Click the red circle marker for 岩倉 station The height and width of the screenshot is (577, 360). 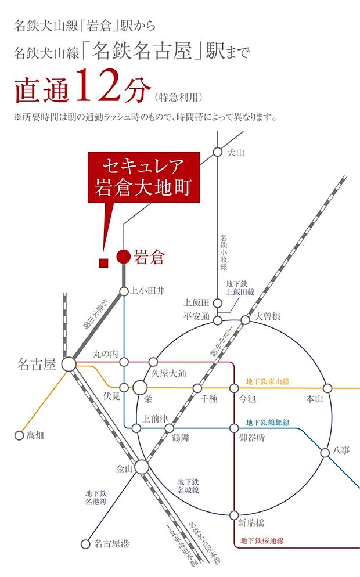pos(124,256)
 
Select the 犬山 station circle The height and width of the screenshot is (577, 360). pos(217,153)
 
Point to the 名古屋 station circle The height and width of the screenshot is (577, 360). pos(69,365)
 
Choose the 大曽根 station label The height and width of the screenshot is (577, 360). pos(268,317)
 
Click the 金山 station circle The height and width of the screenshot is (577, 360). pos(142,466)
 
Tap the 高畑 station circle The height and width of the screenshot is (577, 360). pos(18,435)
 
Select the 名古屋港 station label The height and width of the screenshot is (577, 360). pos(111,544)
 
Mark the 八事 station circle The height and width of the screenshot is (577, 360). pos(325,452)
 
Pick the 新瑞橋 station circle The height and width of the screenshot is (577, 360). pos(234,515)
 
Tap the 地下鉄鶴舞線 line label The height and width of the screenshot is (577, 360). pos(268,423)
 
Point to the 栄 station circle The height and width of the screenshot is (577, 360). pos(140,387)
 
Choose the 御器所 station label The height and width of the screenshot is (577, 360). pos(252,439)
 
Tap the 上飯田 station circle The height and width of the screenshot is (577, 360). pos(217,303)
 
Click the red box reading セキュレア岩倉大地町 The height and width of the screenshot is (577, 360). pos(143,178)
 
